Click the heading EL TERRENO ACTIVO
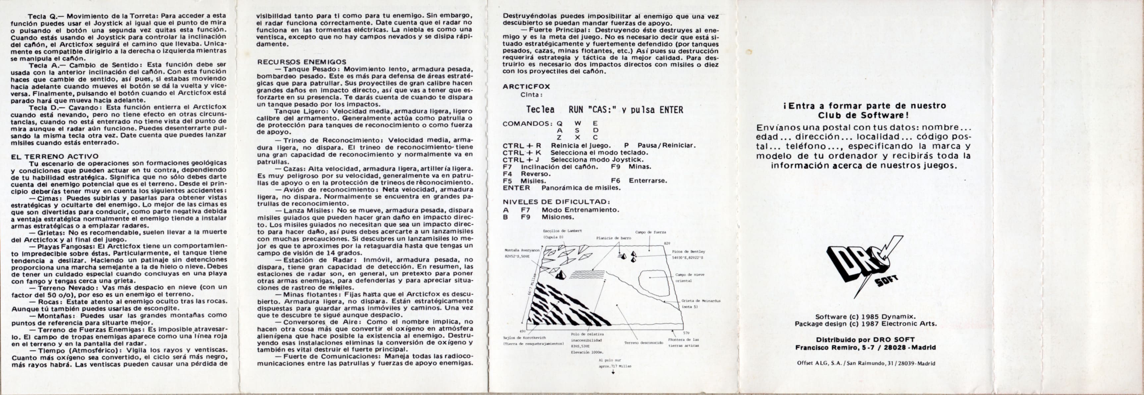[x=55, y=156]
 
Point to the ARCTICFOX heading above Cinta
[x=526, y=86]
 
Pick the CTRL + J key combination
[x=520, y=159]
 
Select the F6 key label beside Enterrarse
[x=616, y=181]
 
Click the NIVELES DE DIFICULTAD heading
[x=556, y=202]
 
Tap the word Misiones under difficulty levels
[x=558, y=217]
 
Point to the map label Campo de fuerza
[x=650, y=232]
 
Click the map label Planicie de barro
[x=613, y=238]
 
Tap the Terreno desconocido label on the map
[x=643, y=343]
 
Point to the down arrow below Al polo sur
[x=613, y=372]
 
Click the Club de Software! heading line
[x=865, y=115]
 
